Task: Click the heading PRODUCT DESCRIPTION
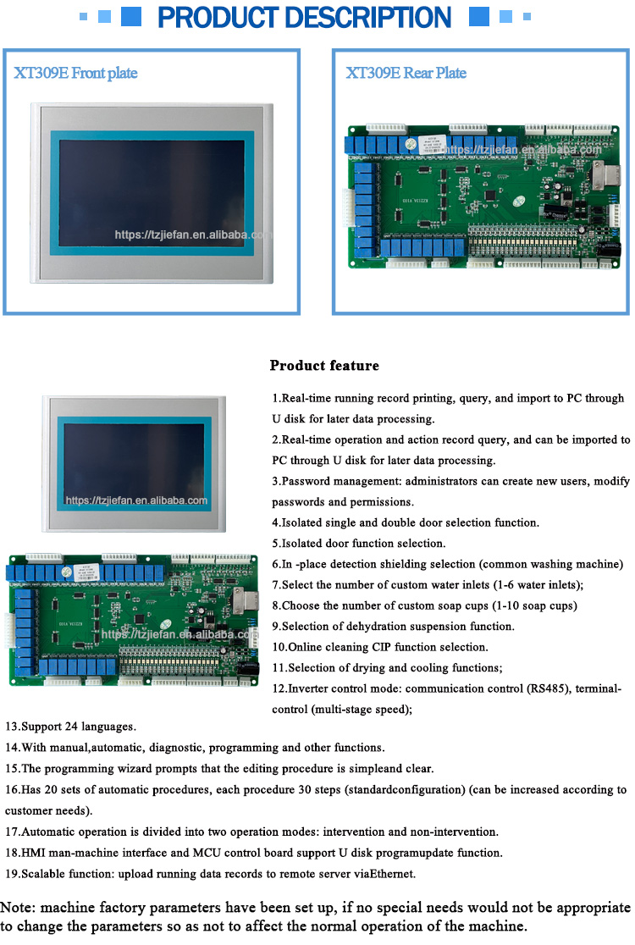pos(305,17)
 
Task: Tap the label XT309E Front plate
pos(75,73)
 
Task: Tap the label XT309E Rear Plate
pos(406,73)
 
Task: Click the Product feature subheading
pos(324,366)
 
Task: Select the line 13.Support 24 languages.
pos(70,727)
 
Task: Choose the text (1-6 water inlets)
pos(533,585)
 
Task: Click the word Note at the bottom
pos(18,909)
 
